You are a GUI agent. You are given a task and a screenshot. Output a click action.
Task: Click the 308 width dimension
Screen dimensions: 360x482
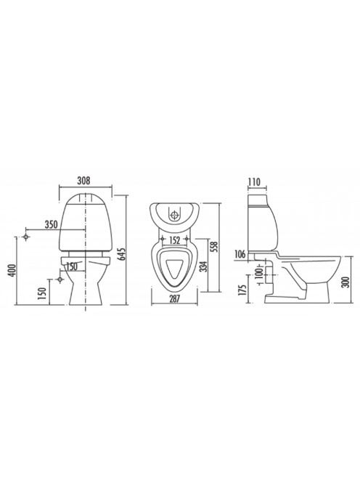[x=83, y=181]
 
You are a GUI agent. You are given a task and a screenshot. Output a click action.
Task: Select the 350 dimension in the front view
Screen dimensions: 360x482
[x=52, y=225]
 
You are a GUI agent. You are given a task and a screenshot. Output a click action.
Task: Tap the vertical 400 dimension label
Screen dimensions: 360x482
[x=12, y=270]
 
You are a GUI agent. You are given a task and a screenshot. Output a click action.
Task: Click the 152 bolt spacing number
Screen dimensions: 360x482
[x=174, y=240]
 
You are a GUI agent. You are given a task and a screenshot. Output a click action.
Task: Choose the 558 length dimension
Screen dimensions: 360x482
[x=214, y=247]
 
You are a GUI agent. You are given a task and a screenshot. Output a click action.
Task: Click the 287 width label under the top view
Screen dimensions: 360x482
[x=174, y=298]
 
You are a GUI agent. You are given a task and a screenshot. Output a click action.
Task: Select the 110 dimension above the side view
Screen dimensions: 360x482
[x=254, y=182]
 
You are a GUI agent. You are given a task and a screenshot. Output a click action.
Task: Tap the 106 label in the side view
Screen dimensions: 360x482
[x=240, y=254]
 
